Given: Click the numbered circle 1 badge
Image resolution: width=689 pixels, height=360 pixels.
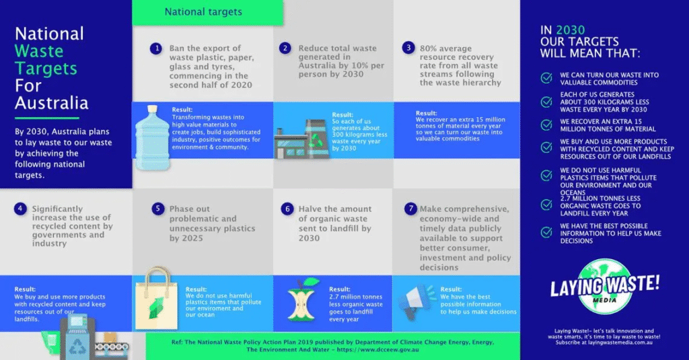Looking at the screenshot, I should [x=156, y=48].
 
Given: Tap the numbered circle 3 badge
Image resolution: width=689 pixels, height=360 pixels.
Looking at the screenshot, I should [x=408, y=48].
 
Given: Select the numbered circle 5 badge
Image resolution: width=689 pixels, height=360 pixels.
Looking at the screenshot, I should [x=158, y=209].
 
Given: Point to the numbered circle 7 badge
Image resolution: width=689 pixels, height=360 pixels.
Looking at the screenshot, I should [x=410, y=209].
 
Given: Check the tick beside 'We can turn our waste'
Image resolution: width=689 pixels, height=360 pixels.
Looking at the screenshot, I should [x=546, y=79].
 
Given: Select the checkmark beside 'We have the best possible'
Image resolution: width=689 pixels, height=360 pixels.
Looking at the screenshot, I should [x=546, y=232].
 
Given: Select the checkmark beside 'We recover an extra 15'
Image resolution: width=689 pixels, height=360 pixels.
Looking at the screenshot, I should [x=546, y=124].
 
